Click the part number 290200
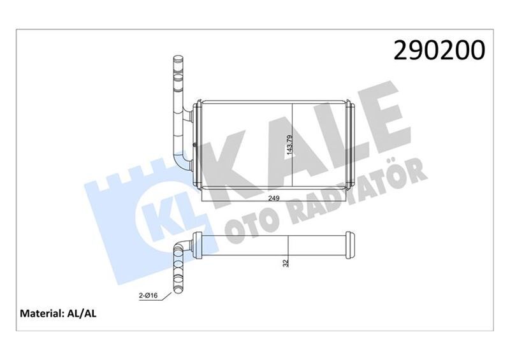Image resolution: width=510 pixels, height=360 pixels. coord(440,51)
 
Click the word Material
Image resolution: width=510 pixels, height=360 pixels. coord(41,313)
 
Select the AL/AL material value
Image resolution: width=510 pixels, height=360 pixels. coord(81,313)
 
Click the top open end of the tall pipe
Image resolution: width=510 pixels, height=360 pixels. coord(177,61)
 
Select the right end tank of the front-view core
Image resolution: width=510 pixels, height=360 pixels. coord(349,145)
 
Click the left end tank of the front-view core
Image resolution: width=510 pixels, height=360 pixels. coord(198,145)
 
